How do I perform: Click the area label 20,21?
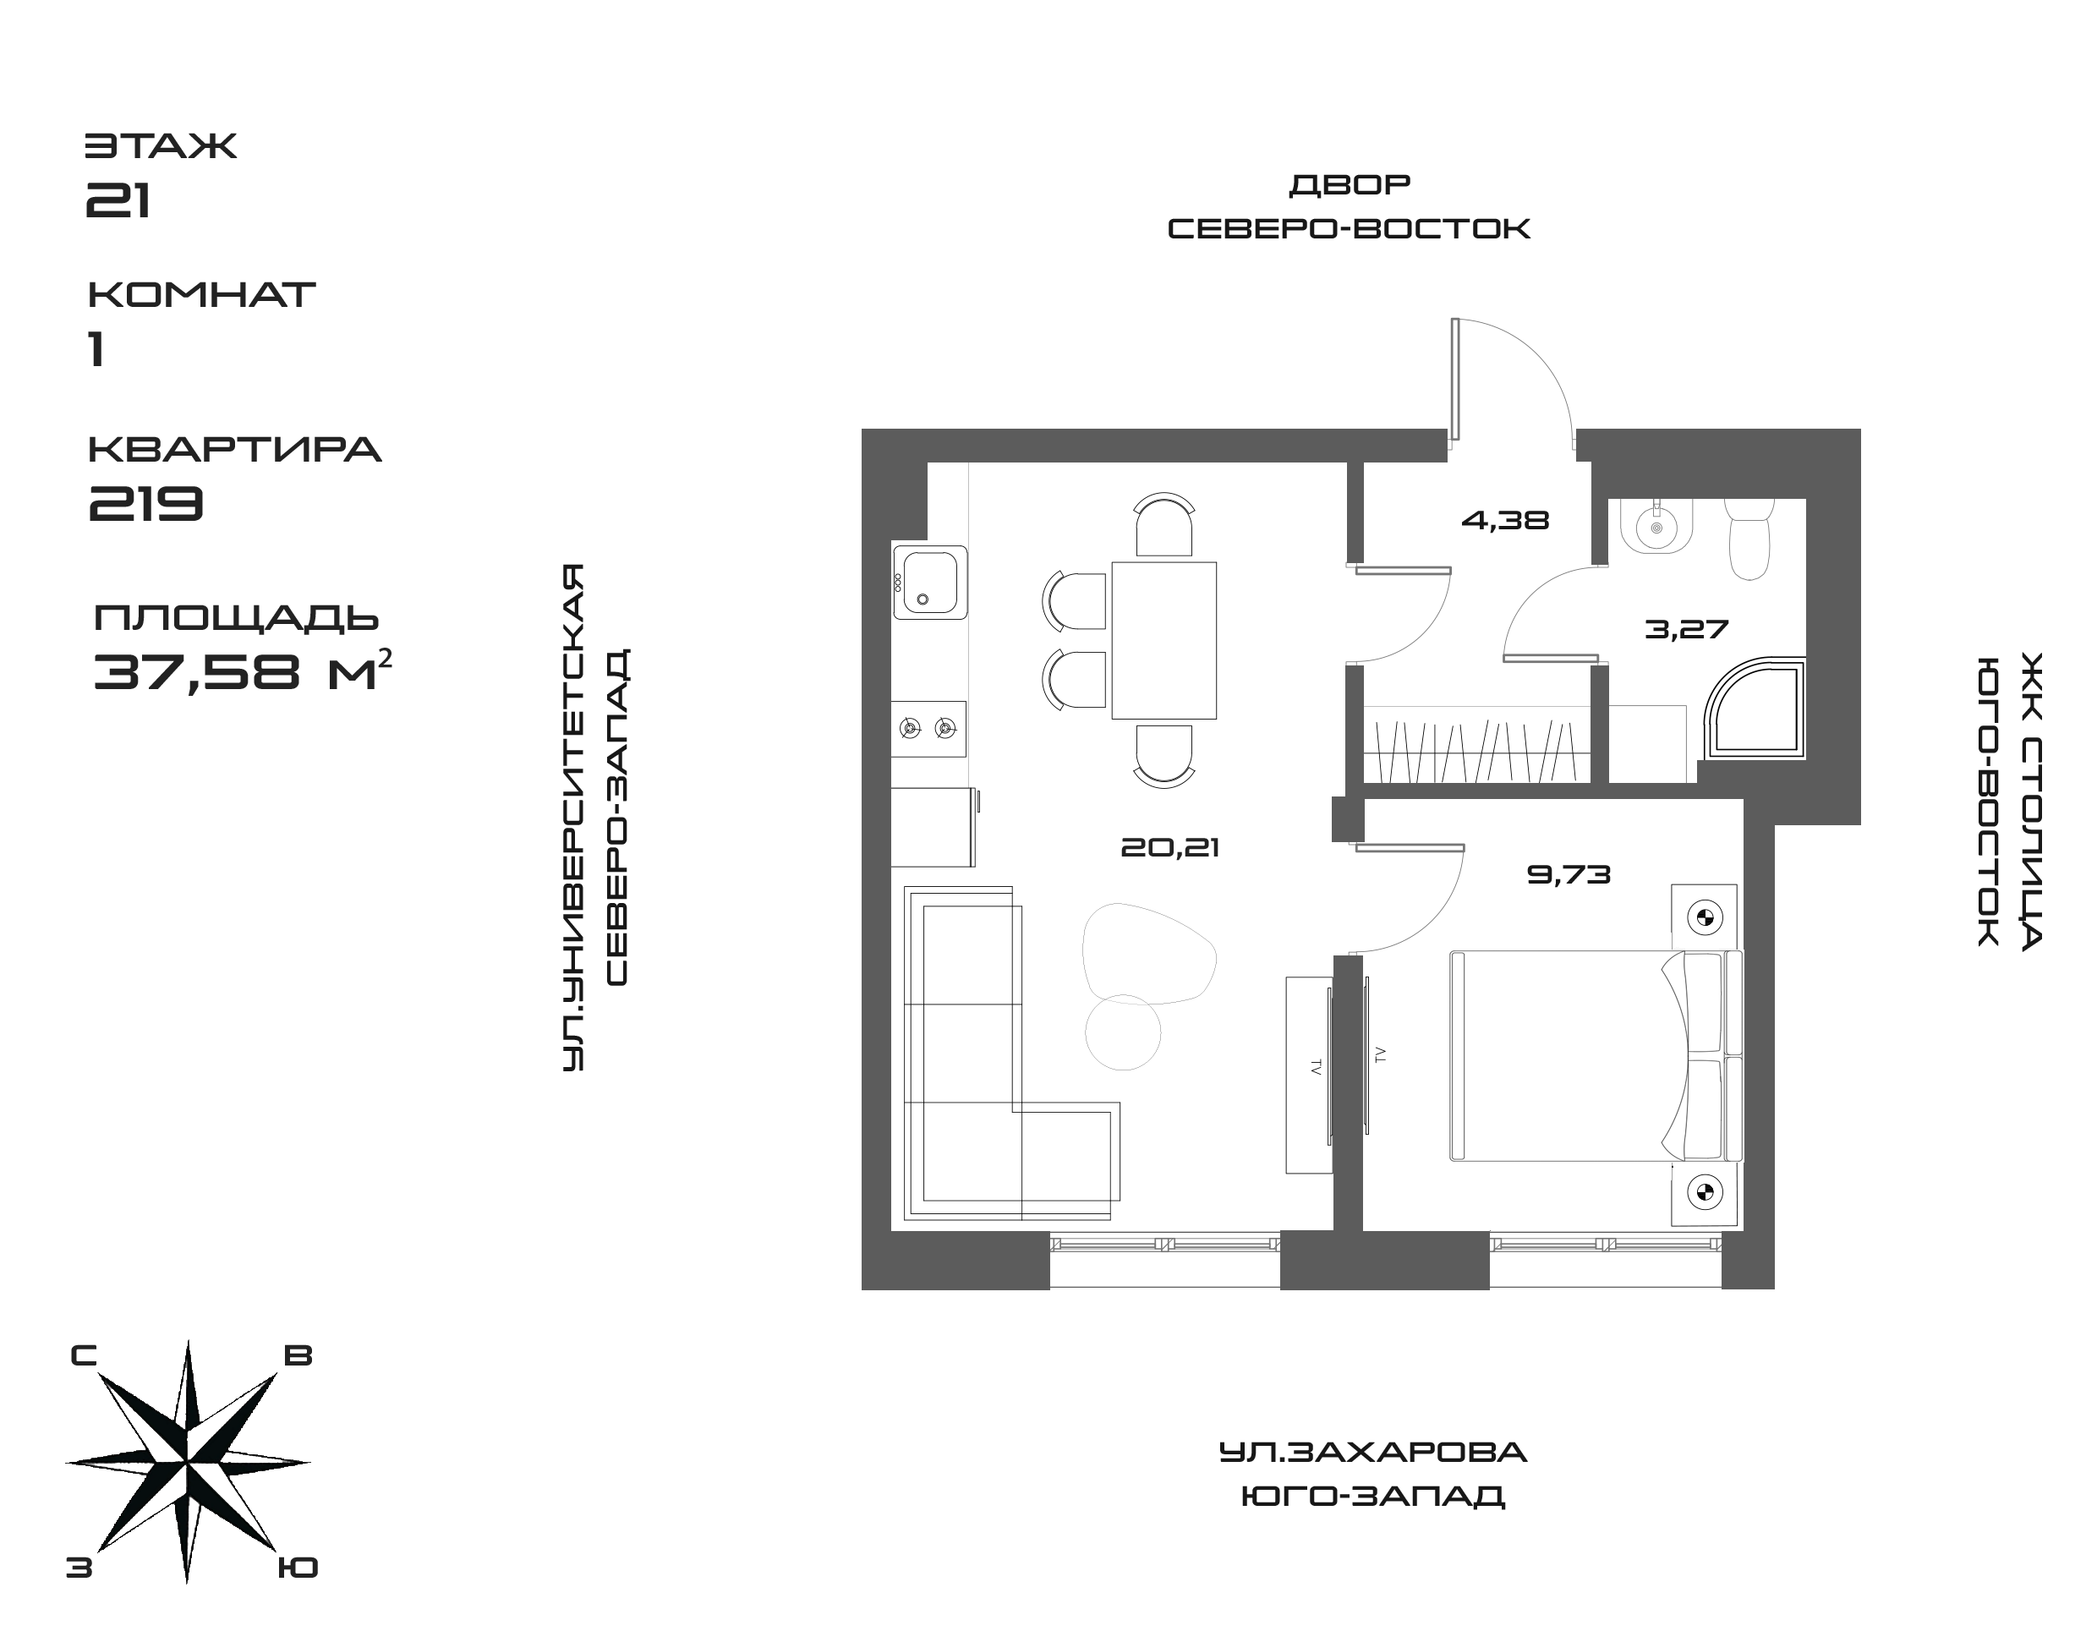1169,848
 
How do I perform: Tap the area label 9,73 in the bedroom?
1569,875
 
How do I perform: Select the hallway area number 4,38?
1505,521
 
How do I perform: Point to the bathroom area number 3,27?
1686,630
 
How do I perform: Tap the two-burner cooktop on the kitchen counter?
928,729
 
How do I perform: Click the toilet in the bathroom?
1749,540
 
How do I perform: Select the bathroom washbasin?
1656,526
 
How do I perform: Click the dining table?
1163,640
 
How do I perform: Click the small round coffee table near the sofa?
1122,1032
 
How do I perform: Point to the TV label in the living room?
1314,1066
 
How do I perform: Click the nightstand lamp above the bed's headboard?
1704,917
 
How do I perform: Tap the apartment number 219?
147,502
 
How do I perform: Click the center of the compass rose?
188,1462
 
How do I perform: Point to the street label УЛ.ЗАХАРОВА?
1372,1452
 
